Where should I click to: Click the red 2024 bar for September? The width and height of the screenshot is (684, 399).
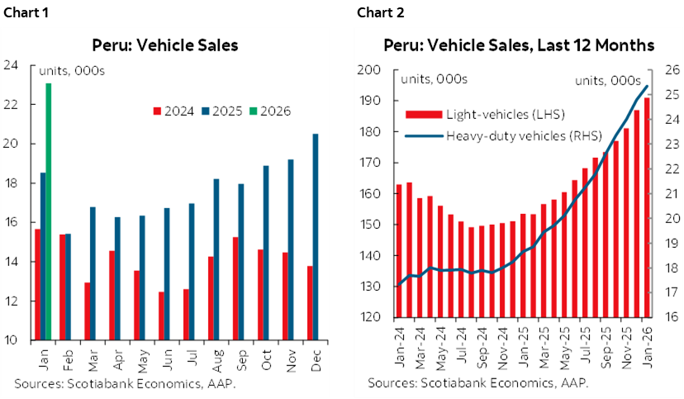pyautogui.click(x=235, y=288)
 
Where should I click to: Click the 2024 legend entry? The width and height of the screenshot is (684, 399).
pyautogui.click(x=174, y=111)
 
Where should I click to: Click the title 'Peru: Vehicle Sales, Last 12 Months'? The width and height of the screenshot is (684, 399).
pyautogui.click(x=517, y=45)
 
